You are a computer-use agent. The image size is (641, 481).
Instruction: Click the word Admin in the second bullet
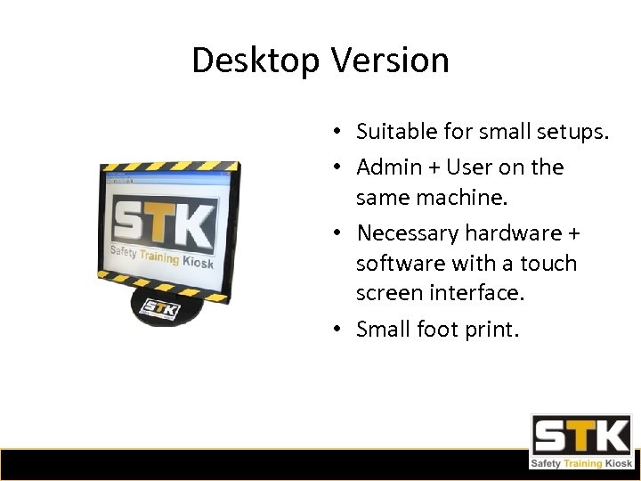coord(388,167)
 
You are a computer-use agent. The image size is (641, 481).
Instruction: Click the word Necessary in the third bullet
coord(405,233)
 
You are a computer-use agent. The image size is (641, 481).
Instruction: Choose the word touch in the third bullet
coord(548,264)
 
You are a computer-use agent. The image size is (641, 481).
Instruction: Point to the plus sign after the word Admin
coord(433,167)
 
